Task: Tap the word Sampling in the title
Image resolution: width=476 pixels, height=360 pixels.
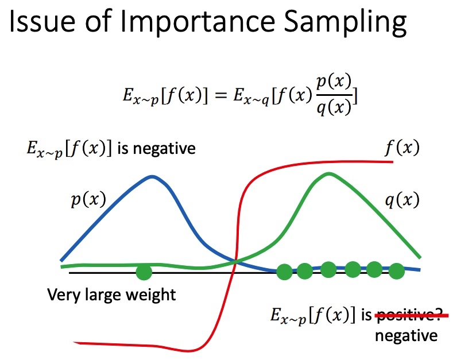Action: point(346,22)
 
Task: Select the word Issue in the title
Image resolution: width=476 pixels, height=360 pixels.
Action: point(42,21)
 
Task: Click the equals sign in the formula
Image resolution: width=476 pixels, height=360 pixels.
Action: point(220,95)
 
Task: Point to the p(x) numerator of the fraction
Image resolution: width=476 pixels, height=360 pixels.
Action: point(334,82)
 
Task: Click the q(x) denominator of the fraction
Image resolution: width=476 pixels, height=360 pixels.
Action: point(334,107)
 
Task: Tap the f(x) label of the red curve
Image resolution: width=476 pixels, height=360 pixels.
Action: point(403,148)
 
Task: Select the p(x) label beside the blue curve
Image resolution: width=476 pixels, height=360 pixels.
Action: point(88,200)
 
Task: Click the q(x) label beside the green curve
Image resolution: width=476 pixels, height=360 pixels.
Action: point(403,200)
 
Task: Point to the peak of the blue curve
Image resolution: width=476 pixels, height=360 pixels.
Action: point(152,177)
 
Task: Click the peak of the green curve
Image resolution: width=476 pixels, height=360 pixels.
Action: point(329,174)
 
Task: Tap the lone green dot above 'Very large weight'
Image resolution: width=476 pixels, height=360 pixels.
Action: point(144,272)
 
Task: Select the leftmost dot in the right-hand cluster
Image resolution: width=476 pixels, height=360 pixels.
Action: point(285,272)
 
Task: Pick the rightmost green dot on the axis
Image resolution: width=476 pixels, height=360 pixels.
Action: point(396,271)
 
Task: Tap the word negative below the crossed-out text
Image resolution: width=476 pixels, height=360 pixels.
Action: point(406,336)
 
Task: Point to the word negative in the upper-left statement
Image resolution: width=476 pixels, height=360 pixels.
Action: point(164,149)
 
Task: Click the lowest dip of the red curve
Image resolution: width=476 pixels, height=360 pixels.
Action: point(188,351)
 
